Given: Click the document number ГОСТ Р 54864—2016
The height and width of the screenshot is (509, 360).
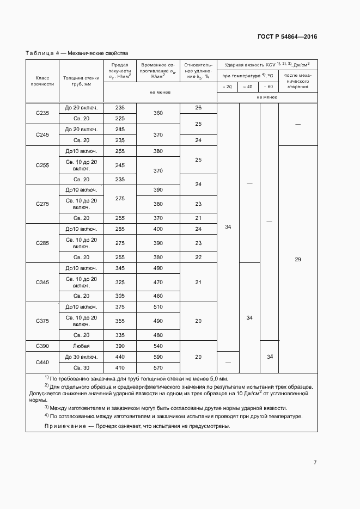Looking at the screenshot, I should point(287,37).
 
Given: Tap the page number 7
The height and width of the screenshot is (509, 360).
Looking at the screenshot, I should point(315,462).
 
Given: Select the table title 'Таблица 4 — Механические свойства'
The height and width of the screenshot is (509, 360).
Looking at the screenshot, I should point(77,53).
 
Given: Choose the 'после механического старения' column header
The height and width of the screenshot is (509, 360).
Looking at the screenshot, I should point(297,81).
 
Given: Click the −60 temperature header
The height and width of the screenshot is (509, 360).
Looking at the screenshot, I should point(269,87).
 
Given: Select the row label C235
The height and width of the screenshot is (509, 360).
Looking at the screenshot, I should point(42,113).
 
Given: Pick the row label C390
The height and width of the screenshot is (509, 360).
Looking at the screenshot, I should point(42,346).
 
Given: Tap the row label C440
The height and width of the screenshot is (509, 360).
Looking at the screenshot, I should point(42,362).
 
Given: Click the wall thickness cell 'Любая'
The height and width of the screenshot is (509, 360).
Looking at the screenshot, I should point(81,346).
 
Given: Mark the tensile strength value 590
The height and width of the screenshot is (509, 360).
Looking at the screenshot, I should point(158,357).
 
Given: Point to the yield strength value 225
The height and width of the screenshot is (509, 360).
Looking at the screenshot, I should point(120,119).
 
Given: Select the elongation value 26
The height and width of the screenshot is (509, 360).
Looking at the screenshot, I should point(198,108).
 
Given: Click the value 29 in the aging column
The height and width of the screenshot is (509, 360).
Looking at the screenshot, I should point(297,260).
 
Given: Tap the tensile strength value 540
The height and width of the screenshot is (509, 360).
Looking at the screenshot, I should point(158,346).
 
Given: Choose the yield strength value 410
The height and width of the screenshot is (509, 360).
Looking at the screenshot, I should point(120,367).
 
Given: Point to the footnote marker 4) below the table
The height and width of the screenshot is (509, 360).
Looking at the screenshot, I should point(46,415).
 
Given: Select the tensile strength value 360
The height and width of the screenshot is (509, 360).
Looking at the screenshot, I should point(158,113).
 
